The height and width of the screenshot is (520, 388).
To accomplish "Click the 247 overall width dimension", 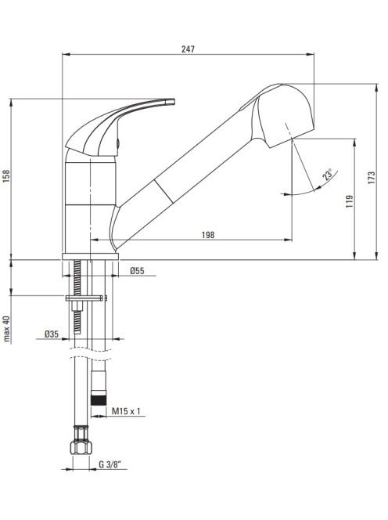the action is pyautogui.click(x=188, y=49).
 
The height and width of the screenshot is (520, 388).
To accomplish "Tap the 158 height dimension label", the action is pyautogui.click(x=6, y=176).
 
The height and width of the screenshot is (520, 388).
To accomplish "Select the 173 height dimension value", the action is pyautogui.click(x=372, y=178).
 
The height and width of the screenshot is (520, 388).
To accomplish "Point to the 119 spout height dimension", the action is pyautogui.click(x=349, y=201).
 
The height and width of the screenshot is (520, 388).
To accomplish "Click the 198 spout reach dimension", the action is pyautogui.click(x=208, y=235).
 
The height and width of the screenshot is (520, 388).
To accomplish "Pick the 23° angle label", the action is pyautogui.click(x=328, y=175).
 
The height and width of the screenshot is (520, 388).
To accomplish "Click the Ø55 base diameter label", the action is pyautogui.click(x=137, y=271).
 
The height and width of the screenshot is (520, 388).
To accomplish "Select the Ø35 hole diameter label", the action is pyautogui.click(x=52, y=334).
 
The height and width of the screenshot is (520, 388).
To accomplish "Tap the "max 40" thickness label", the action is pyautogui.click(x=7, y=329).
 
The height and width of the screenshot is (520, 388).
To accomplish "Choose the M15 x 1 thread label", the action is pyautogui.click(x=126, y=412).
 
